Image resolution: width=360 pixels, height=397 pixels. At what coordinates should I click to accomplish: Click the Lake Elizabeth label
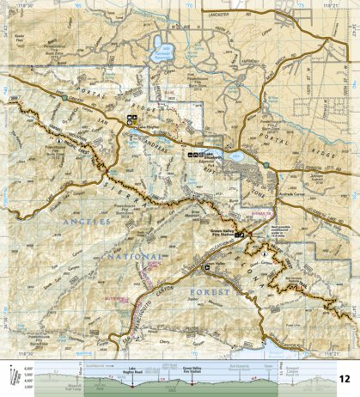pos(206,156)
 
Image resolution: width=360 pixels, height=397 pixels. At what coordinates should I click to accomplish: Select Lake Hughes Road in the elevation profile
pos(133,370)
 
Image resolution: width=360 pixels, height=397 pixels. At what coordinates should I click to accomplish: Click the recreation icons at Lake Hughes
pos(132,117)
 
